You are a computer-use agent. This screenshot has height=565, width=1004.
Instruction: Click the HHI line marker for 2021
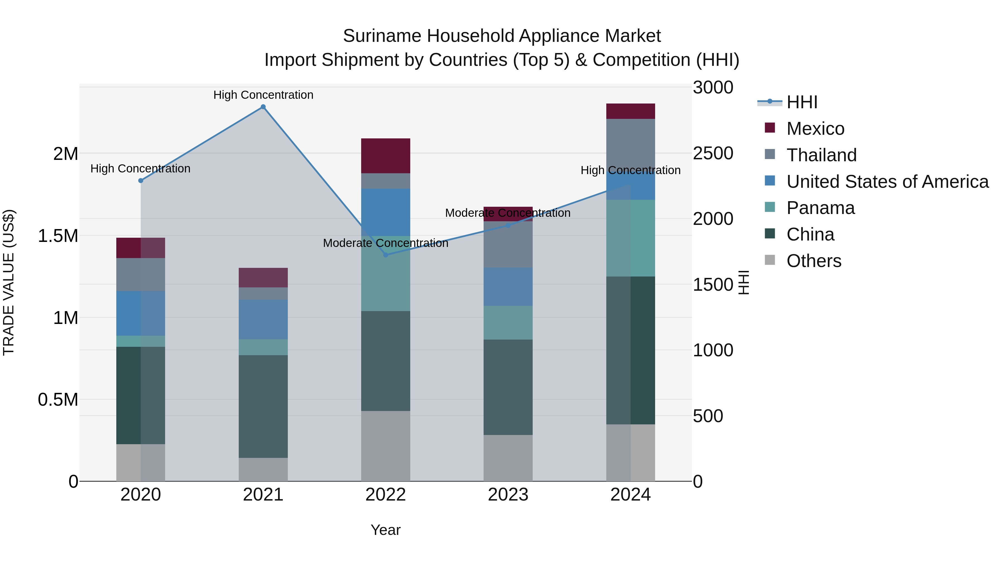(263, 107)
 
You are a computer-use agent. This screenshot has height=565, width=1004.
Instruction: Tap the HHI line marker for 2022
(385, 255)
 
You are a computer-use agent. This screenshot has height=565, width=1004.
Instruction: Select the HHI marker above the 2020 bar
(141, 181)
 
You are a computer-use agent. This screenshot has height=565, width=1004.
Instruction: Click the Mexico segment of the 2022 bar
(385, 156)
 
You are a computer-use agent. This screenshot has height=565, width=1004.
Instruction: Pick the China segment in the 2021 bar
(263, 406)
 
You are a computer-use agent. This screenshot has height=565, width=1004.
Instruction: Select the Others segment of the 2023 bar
(508, 458)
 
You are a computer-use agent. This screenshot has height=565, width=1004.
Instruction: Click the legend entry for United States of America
(887, 182)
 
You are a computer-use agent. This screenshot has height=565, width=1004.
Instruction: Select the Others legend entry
(814, 261)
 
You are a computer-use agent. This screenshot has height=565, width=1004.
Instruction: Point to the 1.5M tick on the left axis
(58, 236)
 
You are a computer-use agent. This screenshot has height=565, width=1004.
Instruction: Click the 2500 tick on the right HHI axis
(713, 153)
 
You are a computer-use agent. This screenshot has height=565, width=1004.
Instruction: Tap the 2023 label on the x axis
(508, 495)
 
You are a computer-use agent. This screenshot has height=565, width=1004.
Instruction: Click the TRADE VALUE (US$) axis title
(9, 282)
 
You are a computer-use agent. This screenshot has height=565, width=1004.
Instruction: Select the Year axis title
(385, 530)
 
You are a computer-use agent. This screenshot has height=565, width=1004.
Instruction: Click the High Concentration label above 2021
(263, 95)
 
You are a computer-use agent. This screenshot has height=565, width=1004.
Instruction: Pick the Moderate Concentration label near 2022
(385, 243)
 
